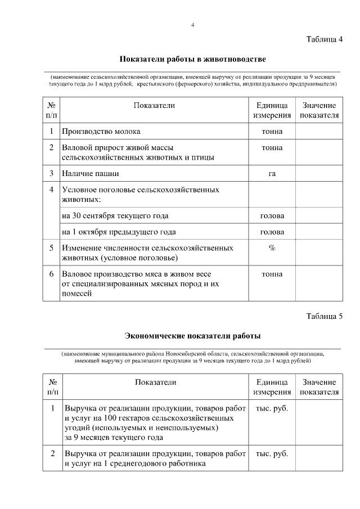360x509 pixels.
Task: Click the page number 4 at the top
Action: point(192,25)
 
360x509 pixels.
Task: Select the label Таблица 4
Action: point(324,39)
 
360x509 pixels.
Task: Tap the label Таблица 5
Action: point(324,316)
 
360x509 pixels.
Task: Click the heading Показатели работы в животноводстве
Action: point(192,59)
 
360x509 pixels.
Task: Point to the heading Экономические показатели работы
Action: point(192,336)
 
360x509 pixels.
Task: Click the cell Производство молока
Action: point(101,132)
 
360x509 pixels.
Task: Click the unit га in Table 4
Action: point(272,173)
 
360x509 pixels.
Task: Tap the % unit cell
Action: point(272,247)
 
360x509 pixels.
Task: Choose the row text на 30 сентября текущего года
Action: point(115,216)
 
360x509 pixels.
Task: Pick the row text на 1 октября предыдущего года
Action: point(119,232)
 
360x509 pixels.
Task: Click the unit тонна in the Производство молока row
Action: point(272,132)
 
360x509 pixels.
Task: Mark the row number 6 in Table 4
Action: point(51,274)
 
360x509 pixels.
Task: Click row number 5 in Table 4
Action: point(51,247)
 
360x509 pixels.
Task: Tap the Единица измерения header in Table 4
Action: point(272,110)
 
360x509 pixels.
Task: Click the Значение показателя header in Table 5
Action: point(319,387)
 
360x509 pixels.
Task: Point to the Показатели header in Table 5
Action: point(155,382)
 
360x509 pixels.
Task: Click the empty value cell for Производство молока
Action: point(319,132)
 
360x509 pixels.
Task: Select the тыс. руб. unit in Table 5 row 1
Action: point(272,408)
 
